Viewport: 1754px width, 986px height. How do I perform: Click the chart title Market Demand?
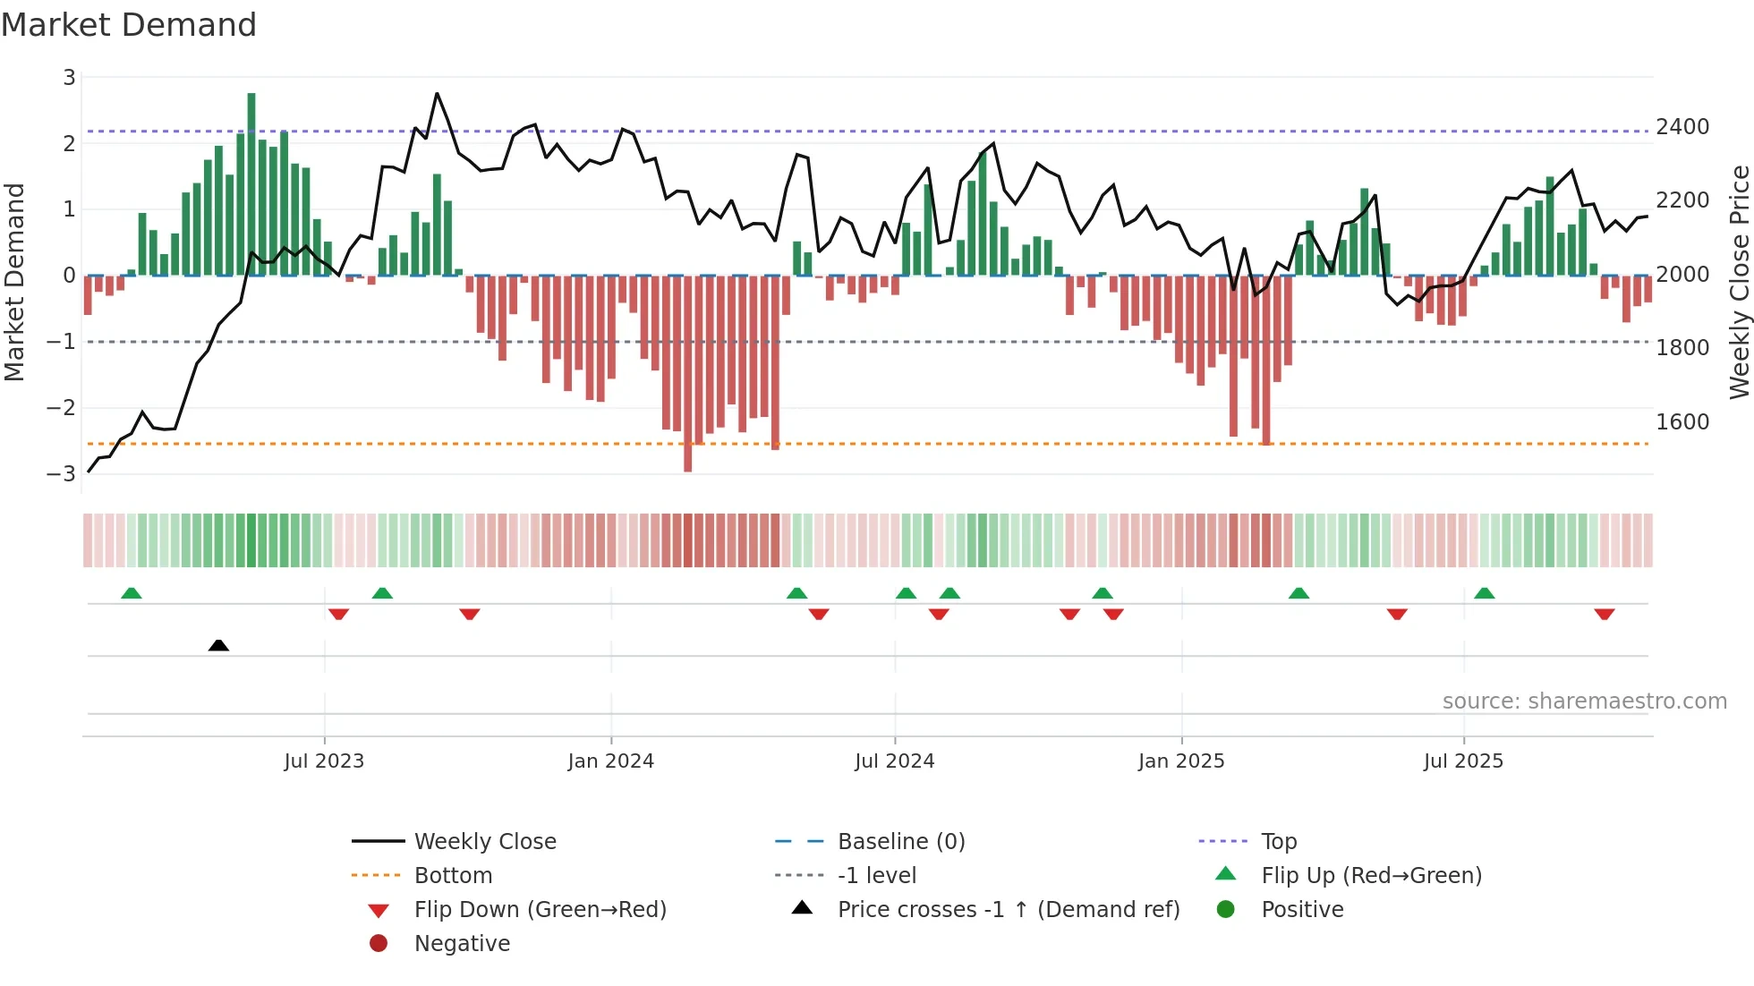point(129,25)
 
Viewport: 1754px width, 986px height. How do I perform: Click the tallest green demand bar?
point(251,183)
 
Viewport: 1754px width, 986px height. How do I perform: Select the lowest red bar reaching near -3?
point(687,376)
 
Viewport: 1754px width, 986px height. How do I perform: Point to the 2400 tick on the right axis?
point(1682,127)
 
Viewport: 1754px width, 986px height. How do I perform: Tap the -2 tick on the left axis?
point(62,408)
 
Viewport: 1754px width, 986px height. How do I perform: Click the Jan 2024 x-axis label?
point(611,761)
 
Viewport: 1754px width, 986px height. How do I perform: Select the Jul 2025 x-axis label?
point(1463,761)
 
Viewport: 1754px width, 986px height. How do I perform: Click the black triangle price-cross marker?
point(218,645)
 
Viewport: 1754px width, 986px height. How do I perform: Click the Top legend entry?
point(1278,842)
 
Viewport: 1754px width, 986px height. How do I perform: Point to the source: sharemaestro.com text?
point(1584,701)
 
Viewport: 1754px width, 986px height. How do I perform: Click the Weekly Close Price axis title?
point(1739,282)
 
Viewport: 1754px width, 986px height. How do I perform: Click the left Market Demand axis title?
point(14,282)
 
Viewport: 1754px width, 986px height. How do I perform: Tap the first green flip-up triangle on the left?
point(132,593)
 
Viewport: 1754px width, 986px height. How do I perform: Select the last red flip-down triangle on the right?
point(1604,614)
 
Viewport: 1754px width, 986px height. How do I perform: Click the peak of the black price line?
point(437,93)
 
